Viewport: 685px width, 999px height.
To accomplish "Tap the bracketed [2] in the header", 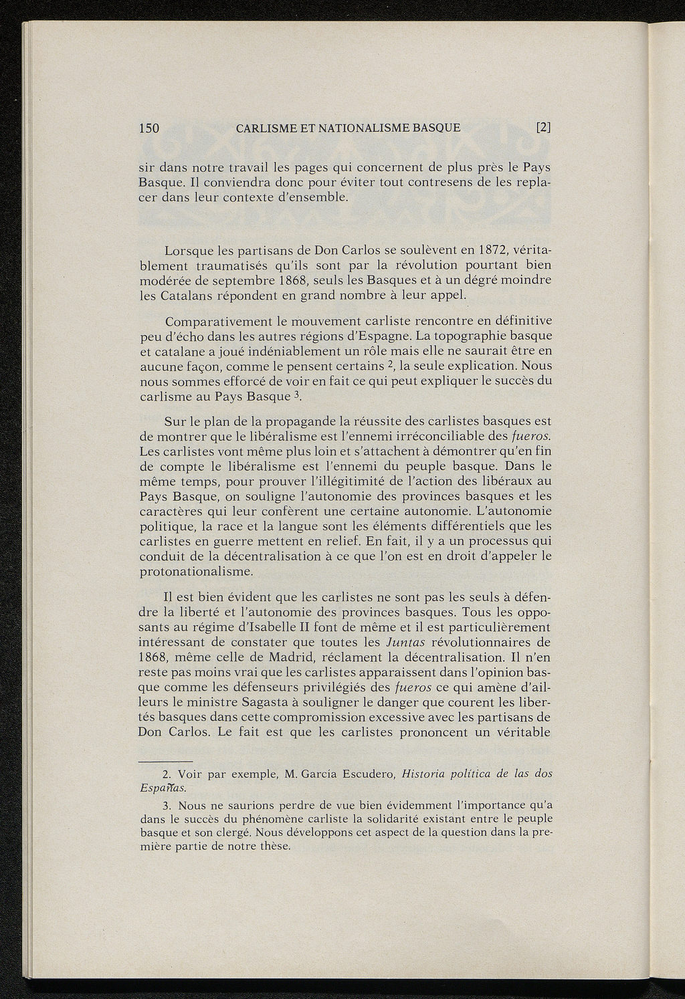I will [543, 128].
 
